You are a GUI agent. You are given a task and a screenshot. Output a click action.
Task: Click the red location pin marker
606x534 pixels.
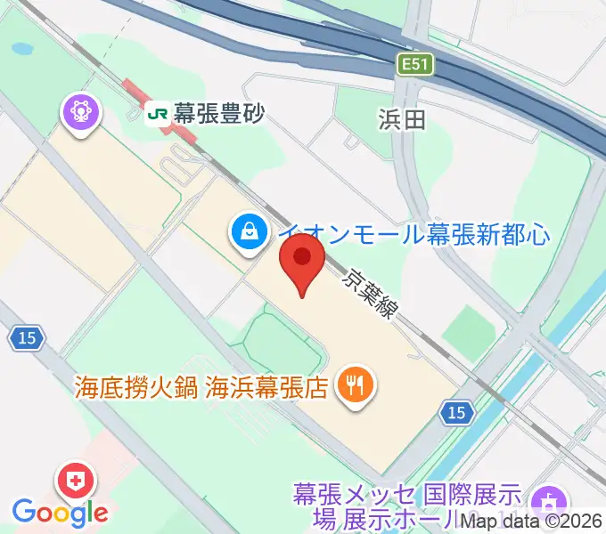click(302, 259)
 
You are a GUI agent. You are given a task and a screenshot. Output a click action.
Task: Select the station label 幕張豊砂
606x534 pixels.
click(218, 114)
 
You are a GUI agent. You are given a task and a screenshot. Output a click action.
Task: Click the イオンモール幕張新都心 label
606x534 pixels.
click(414, 234)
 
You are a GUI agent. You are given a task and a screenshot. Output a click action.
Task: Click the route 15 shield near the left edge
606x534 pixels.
click(24, 337)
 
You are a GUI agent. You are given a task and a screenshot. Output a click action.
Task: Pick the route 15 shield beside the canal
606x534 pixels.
click(457, 412)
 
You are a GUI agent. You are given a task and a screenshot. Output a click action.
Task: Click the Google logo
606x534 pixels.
click(60, 512)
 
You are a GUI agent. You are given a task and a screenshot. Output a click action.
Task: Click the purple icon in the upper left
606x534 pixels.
click(81, 113)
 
